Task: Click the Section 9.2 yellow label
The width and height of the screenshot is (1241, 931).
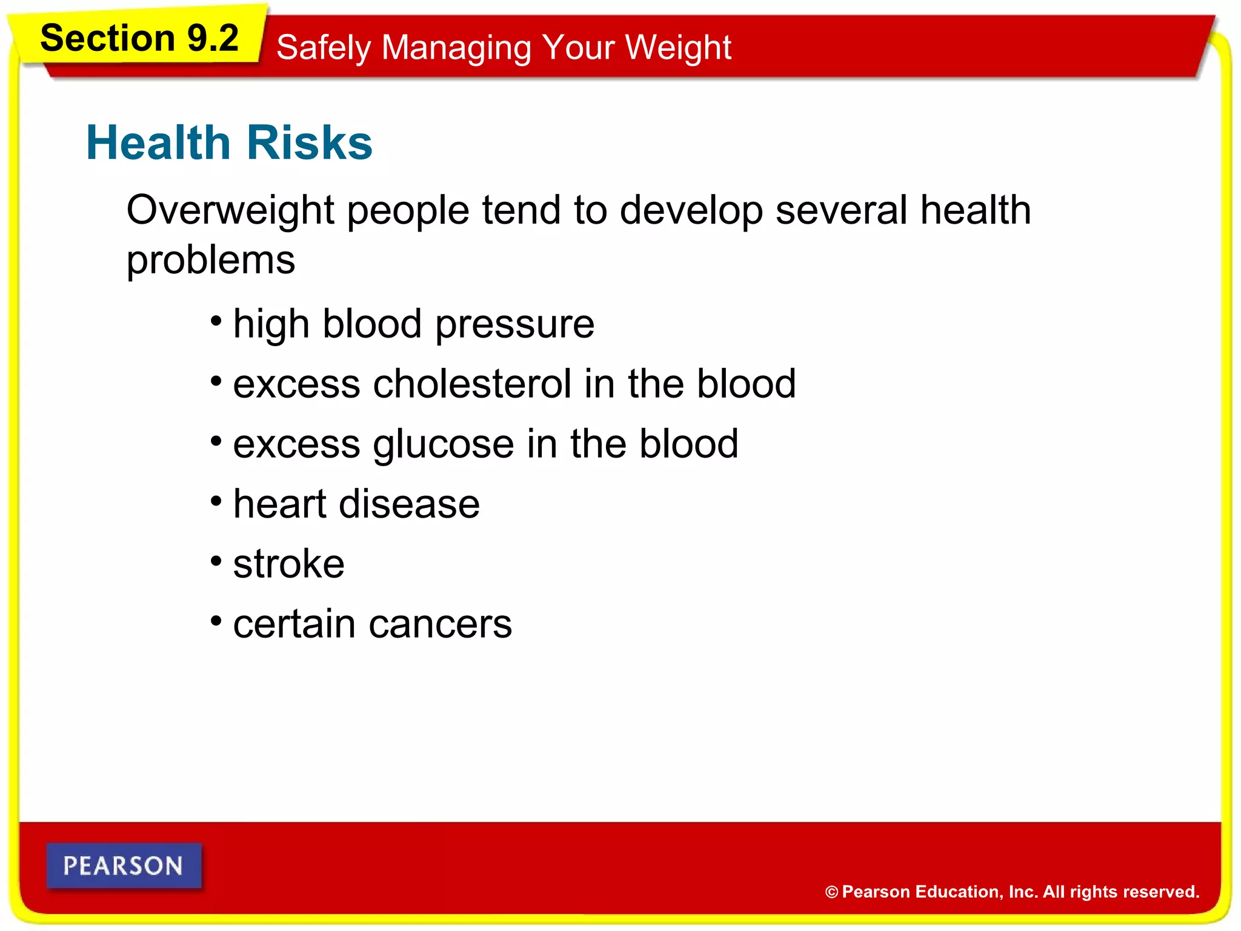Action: point(139,38)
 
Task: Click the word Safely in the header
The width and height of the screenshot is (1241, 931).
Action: point(323,47)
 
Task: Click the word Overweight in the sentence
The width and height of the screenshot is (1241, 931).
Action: point(230,210)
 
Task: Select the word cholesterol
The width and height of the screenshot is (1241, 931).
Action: point(472,384)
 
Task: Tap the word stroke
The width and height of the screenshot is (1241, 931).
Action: point(288,564)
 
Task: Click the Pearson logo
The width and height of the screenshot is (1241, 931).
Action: point(124,866)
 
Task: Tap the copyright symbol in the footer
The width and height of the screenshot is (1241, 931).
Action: point(831,892)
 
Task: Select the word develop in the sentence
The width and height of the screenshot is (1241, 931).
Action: point(691,210)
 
